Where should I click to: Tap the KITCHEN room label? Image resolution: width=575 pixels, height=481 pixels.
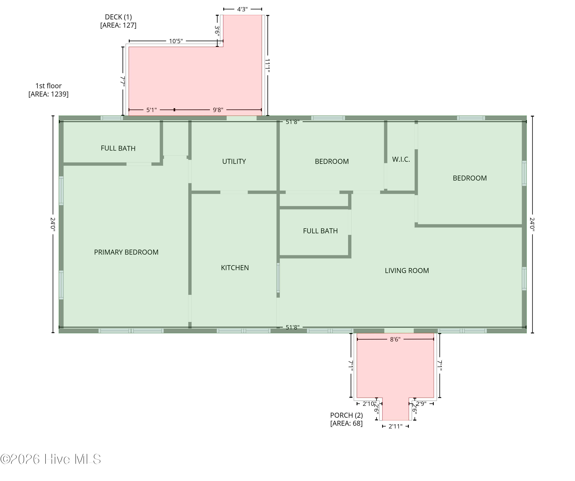[x=235, y=268]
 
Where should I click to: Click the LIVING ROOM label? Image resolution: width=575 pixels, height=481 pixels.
[x=407, y=271]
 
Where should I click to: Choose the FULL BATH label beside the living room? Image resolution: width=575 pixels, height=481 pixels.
[x=320, y=231]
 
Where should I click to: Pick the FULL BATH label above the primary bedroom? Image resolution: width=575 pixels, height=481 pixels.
[x=118, y=149]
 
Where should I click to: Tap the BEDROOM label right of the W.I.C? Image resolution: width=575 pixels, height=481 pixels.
[x=470, y=178]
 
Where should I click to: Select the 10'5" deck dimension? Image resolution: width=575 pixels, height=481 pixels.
[x=176, y=41]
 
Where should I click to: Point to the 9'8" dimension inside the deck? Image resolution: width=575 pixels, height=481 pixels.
[x=218, y=110]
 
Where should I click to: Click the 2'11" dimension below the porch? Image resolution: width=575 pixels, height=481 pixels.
[x=395, y=427]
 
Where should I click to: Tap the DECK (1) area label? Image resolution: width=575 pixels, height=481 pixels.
[x=118, y=21]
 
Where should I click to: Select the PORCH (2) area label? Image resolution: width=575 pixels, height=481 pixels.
[x=346, y=419]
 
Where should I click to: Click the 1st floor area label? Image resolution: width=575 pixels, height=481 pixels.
[x=48, y=90]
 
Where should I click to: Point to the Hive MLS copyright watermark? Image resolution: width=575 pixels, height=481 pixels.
[x=51, y=459]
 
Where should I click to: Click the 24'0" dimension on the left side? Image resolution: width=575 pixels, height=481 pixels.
[x=53, y=224]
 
